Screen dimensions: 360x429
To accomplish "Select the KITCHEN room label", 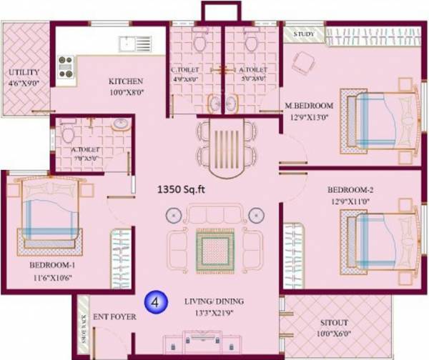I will (x=126, y=81).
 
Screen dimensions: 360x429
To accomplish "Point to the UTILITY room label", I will (x=24, y=73).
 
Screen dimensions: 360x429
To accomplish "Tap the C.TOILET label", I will (x=184, y=70).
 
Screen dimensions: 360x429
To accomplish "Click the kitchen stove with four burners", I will (x=66, y=66).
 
